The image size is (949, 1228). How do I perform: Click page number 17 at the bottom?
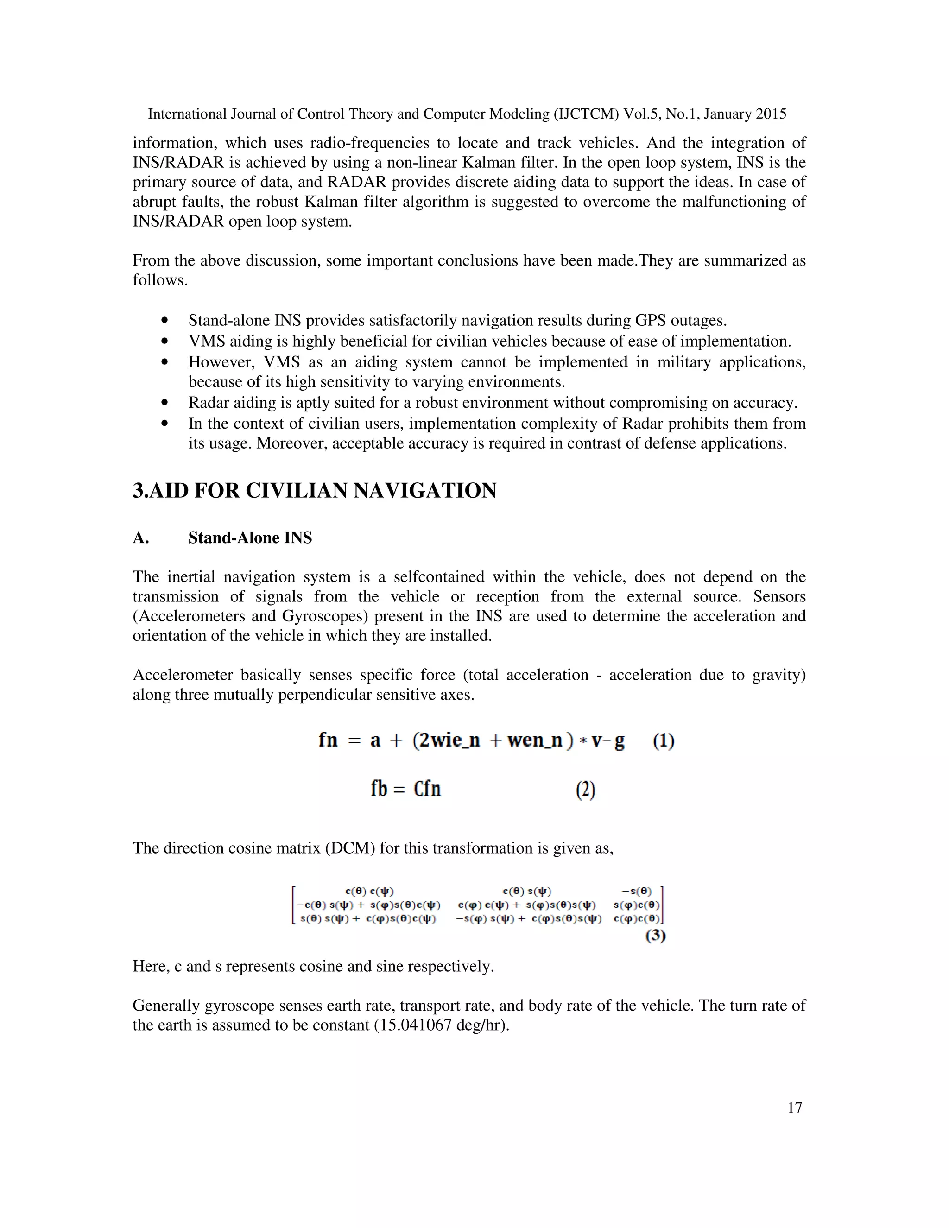point(794,1108)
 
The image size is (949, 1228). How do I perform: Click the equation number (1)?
point(664,741)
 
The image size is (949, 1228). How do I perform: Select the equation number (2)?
point(585,790)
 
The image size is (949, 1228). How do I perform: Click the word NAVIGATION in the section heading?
point(424,490)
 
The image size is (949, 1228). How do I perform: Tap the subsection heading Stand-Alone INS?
point(250,538)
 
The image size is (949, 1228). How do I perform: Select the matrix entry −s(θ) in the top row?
point(636,891)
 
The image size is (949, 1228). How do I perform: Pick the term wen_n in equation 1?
point(535,740)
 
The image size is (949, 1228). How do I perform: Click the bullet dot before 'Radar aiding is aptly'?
point(164,403)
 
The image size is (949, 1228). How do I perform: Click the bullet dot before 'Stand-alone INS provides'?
point(164,321)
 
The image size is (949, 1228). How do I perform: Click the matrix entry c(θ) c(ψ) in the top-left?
point(369,891)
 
